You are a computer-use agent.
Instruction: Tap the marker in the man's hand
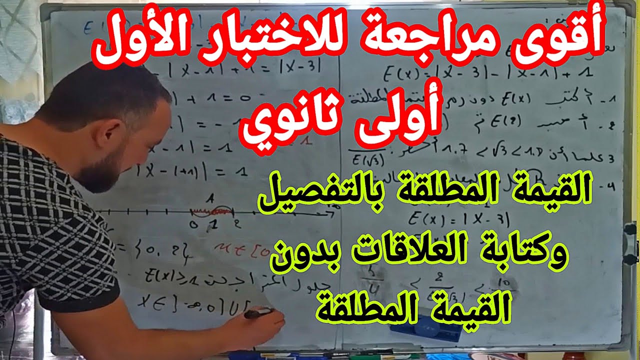258,313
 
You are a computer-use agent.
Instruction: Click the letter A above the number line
212,197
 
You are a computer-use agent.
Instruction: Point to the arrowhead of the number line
330,214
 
